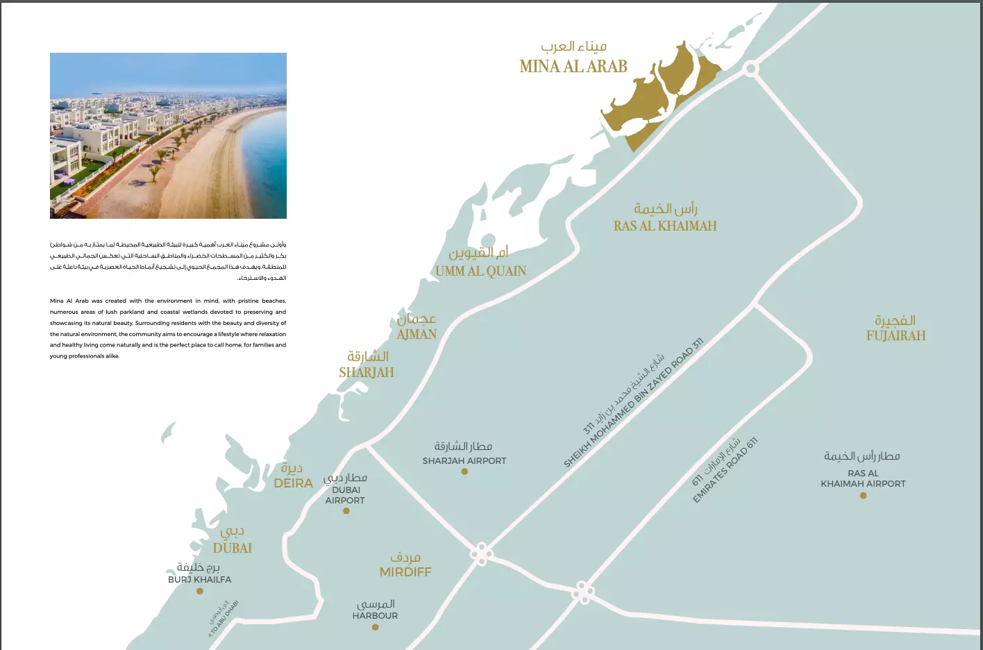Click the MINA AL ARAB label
(573, 67)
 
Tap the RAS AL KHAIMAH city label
(664, 226)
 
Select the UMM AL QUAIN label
(480, 272)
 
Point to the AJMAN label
(417, 335)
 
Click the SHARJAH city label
(367, 373)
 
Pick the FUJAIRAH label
(896, 336)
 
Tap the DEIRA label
(293, 483)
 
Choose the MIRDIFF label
(405, 572)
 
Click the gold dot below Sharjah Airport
(464, 472)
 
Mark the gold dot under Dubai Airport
(346, 511)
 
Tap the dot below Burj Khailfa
(200, 592)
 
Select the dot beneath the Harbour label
(375, 628)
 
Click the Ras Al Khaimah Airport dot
(863, 496)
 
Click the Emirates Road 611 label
(725, 470)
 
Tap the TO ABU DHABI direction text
(224, 618)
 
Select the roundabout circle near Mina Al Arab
(750, 69)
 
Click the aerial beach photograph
(168, 135)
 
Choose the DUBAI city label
(232, 548)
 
